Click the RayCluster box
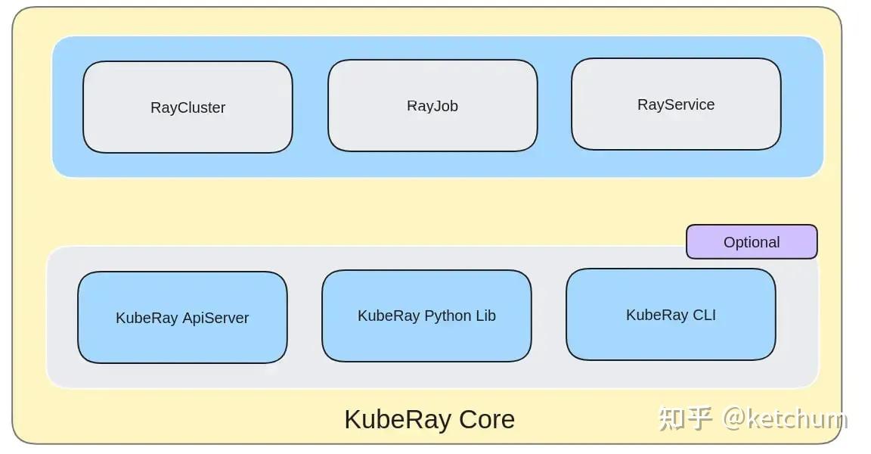coord(188,107)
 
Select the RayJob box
coord(432,106)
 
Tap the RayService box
coord(676,104)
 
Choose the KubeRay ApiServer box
coord(182,318)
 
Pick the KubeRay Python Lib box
coord(426,316)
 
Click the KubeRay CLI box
coord(671,315)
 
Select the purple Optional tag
coord(752,242)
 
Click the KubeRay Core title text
coord(429,419)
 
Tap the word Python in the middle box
coord(448,316)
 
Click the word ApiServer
coord(215,318)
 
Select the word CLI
coord(702,315)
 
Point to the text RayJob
coord(432,106)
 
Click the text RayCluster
coord(188,107)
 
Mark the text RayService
coord(676,104)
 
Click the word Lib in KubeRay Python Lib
coord(485,316)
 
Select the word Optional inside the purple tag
coord(752,242)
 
